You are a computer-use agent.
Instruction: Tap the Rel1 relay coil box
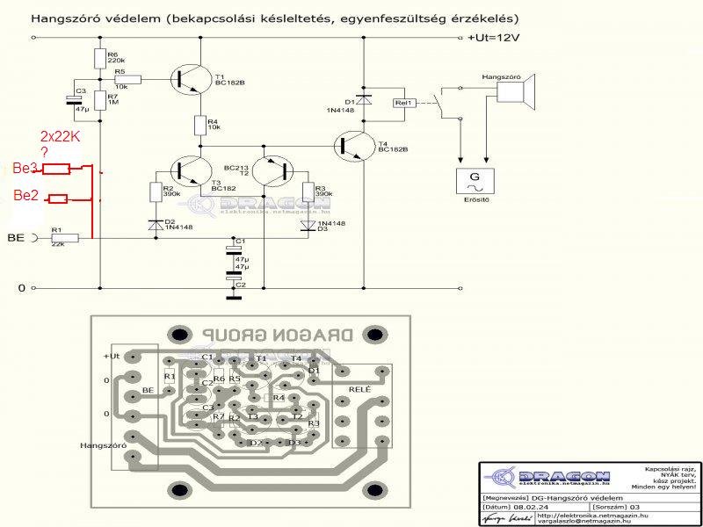tap(404, 103)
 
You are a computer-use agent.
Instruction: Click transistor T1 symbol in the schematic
tap(191, 77)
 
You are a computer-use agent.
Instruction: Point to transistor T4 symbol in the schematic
tap(356, 144)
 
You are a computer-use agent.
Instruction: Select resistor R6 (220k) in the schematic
tap(100, 58)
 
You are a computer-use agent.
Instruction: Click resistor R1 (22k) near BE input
tap(66, 237)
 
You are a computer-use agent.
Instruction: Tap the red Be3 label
tap(24, 167)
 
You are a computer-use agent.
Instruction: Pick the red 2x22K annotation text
tap(61, 137)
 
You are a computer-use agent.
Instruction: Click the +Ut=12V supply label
tap(494, 38)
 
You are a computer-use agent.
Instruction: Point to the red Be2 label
tap(24, 196)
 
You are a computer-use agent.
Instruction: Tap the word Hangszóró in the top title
tap(61, 18)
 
